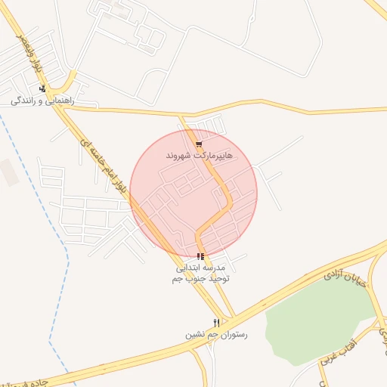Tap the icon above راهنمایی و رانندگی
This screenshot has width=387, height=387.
tap(42, 88)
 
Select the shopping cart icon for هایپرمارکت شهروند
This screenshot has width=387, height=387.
tap(199, 144)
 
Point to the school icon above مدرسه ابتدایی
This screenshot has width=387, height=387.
tap(200, 256)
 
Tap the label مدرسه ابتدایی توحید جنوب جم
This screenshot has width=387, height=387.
tap(200, 273)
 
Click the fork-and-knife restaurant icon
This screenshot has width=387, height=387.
tap(217, 323)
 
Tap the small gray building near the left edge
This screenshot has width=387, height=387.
tap(8, 172)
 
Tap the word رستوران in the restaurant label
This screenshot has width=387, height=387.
tap(232, 334)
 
